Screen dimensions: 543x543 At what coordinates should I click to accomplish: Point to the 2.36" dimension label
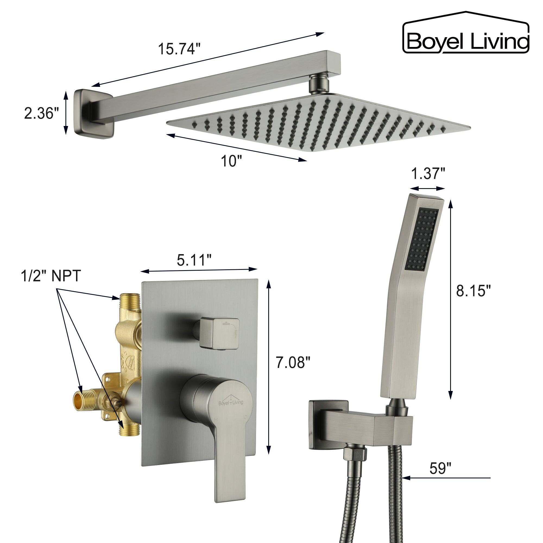tap(41, 114)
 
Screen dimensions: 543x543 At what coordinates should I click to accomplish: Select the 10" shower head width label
tap(231, 161)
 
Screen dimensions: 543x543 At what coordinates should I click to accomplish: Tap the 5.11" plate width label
tap(194, 261)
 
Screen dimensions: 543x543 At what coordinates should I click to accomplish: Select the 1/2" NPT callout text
tap(51, 276)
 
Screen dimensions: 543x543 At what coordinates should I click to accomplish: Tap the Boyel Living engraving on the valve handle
tap(231, 402)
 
